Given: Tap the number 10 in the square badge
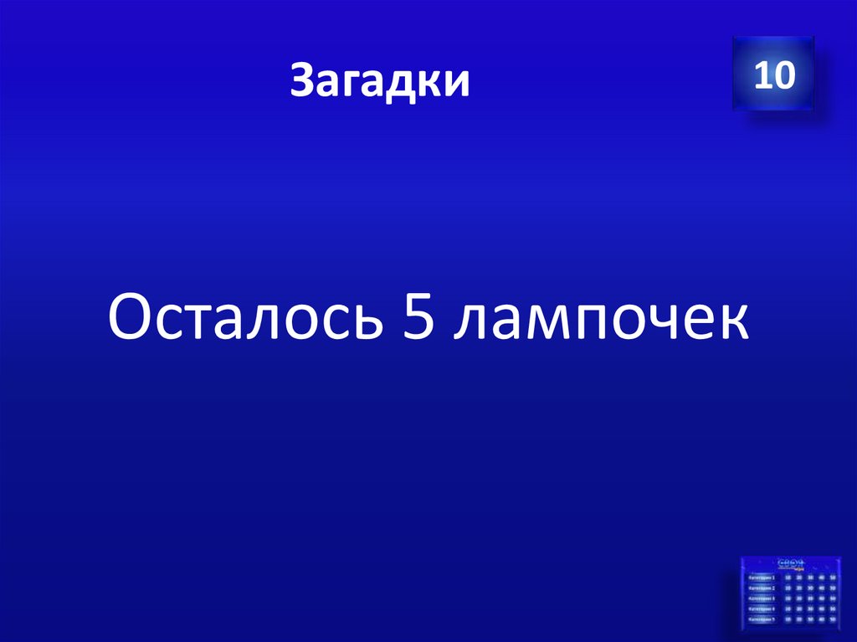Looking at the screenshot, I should tap(772, 76).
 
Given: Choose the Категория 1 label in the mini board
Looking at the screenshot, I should tap(762, 578).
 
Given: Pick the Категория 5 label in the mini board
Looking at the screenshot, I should tap(762, 620).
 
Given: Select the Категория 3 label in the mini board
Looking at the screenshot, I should tap(762, 598).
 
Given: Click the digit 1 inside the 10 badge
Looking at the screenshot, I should tap(762, 76).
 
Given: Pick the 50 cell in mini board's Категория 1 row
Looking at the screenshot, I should tap(833, 578).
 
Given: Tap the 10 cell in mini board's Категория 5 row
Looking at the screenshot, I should tap(788, 620).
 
